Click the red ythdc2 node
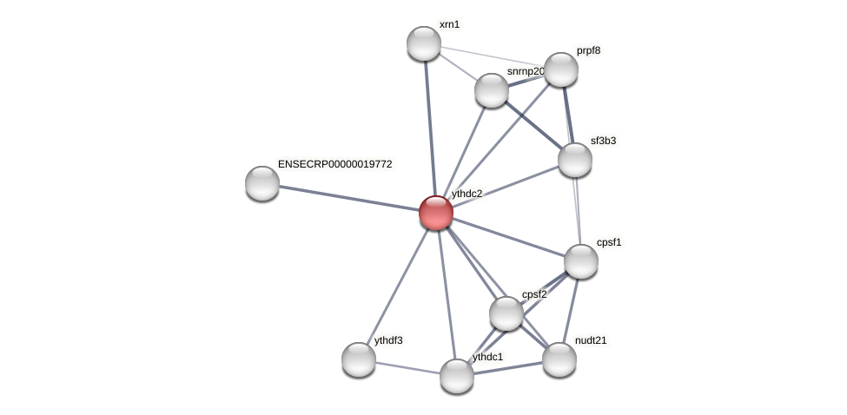coord(435,212)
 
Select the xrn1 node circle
coord(424,43)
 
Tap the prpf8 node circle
coord(560,69)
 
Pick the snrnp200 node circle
coord(491,90)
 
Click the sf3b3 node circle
coord(574,160)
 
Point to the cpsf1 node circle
coord(580,260)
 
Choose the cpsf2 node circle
coord(506,313)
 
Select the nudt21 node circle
coord(559,359)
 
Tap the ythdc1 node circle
coord(456,376)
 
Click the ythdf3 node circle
coord(358,359)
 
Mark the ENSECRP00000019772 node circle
coord(261,183)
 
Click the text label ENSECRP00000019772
coord(334,163)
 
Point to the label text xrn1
coord(449,24)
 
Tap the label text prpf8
coord(588,50)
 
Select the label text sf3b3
coord(603,141)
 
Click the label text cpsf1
coord(609,242)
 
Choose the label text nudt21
coord(591,340)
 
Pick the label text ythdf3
coord(387,340)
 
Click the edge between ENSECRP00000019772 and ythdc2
coord(347,197)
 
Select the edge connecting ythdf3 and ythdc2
coord(397,285)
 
